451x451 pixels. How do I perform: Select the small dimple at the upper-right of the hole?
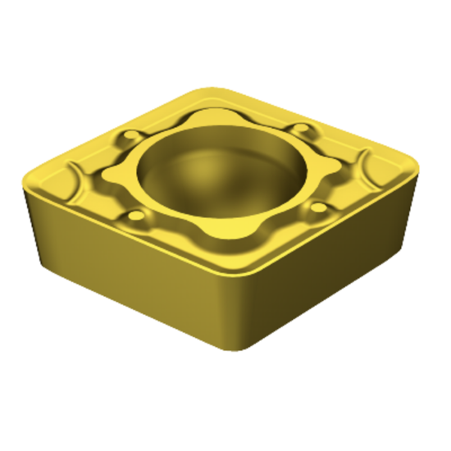point(304,130)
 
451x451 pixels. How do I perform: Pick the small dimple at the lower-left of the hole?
point(136,216)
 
